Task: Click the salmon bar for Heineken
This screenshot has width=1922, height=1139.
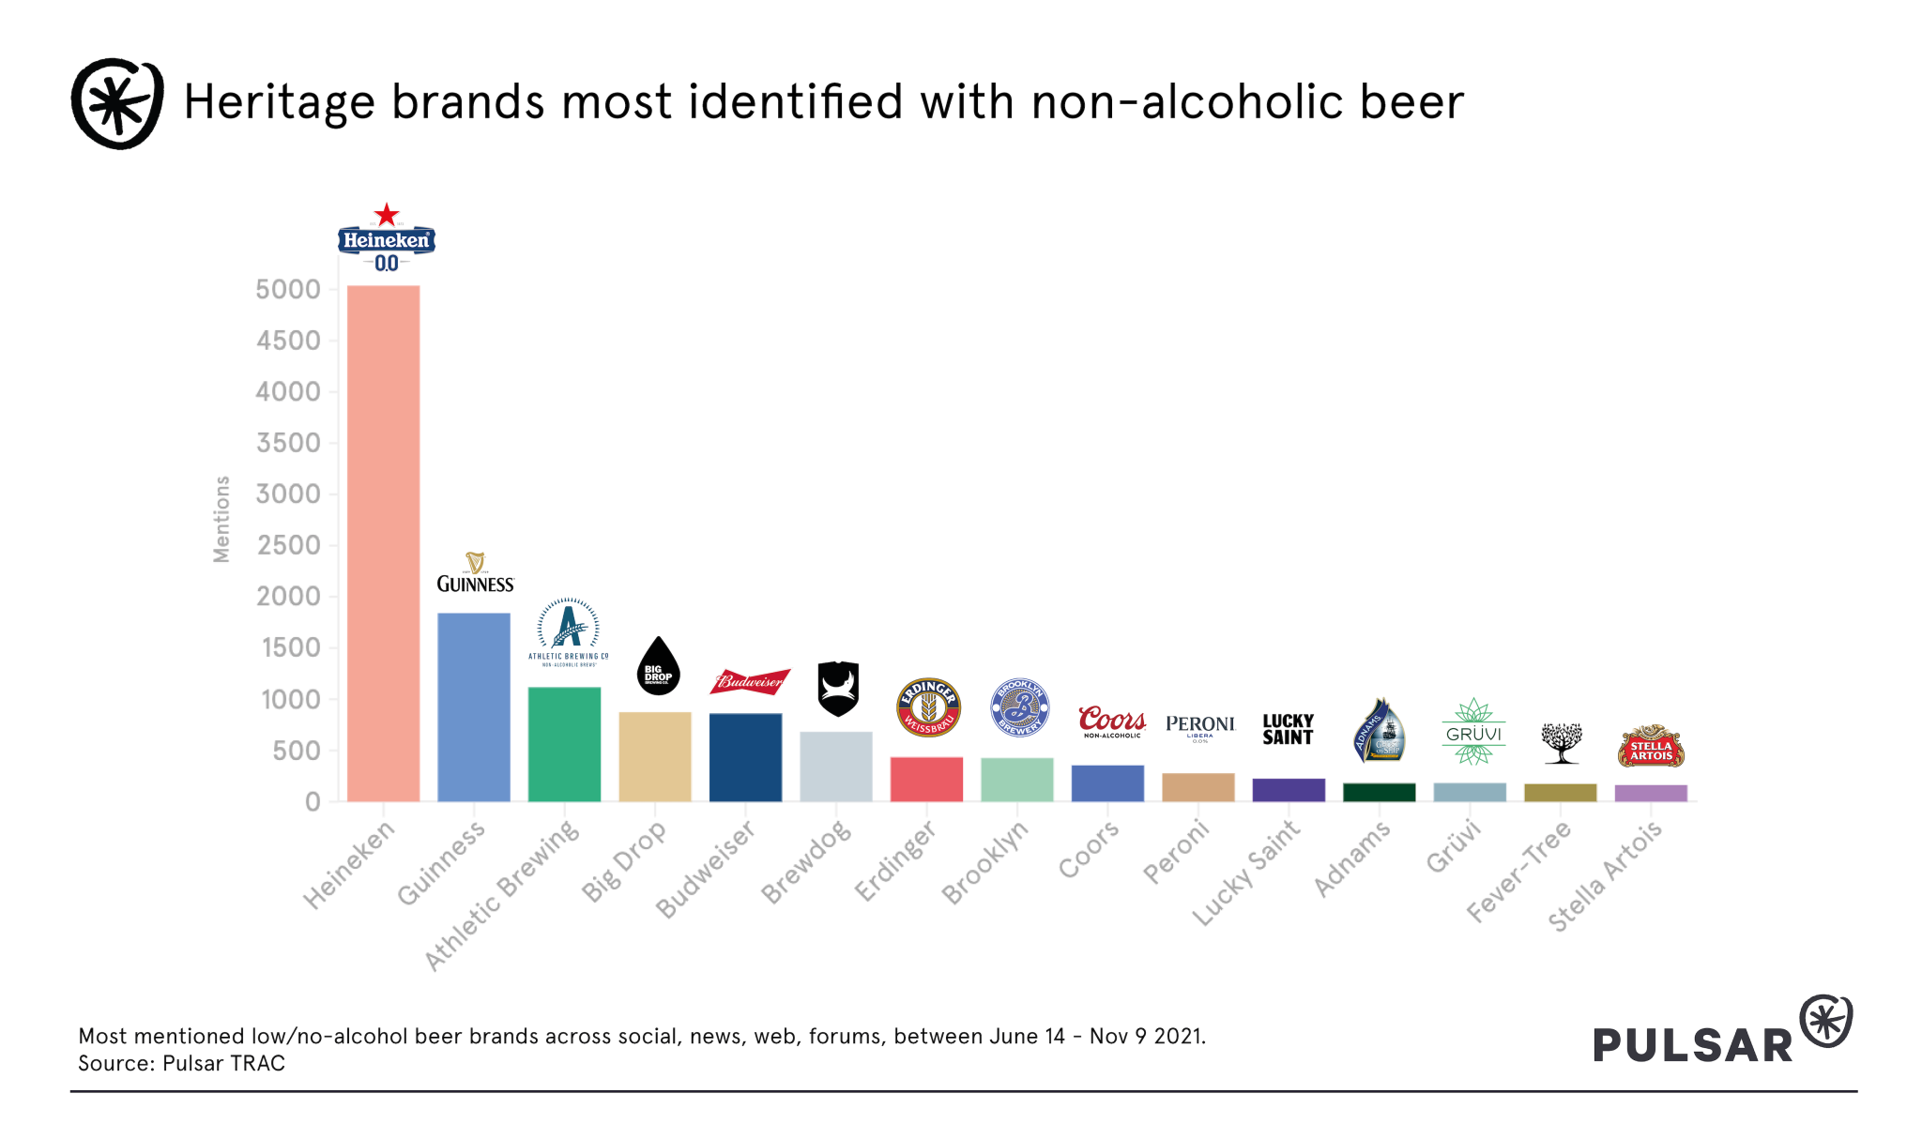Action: click(x=383, y=543)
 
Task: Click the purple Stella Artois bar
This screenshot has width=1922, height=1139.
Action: click(x=1651, y=793)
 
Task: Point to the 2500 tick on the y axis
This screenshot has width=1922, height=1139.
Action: click(x=289, y=545)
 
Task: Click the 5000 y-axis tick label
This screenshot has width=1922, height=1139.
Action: click(x=289, y=289)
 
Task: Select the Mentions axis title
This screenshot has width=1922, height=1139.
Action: click(x=221, y=519)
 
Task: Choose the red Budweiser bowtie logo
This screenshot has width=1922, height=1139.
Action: click(x=750, y=681)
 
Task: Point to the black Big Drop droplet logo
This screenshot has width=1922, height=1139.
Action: click(x=659, y=667)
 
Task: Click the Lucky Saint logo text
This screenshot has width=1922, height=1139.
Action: click(x=1288, y=729)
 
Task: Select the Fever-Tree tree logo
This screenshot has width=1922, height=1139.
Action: click(x=1562, y=742)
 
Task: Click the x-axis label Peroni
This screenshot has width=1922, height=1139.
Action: click(x=1176, y=851)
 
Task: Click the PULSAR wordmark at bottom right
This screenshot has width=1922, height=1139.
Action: click(x=1693, y=1045)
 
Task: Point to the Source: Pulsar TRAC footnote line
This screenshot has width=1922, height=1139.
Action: click(x=181, y=1063)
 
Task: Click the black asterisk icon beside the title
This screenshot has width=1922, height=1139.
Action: click(x=117, y=103)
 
